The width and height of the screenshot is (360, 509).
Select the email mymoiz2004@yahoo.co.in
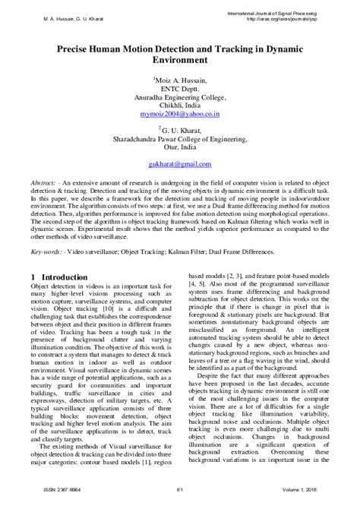(x=179, y=114)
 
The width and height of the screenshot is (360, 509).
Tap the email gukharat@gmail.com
(x=179, y=164)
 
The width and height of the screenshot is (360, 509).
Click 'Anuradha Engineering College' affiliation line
(x=179, y=97)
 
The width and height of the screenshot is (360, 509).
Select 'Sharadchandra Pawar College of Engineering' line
(x=179, y=139)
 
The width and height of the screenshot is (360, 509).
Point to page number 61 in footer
(x=179, y=498)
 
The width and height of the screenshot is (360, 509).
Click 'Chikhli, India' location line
(x=179, y=106)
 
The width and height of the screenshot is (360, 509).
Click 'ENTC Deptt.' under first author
(x=179, y=89)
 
